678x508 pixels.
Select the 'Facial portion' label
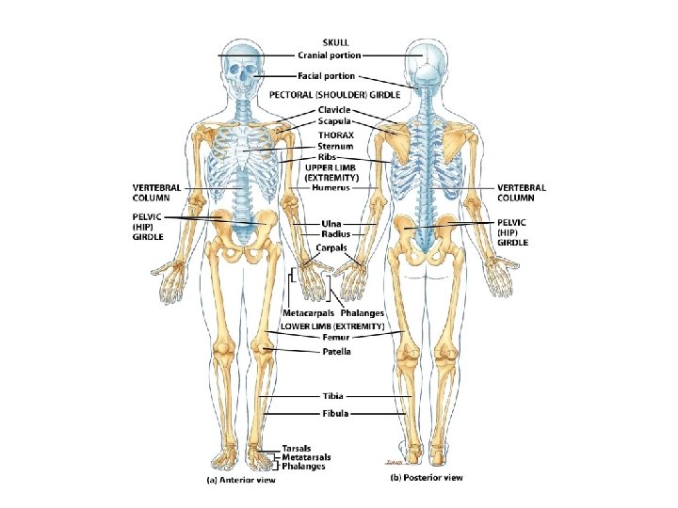pos(327,76)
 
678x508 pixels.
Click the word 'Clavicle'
pos(334,110)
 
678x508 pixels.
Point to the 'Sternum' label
pos(335,147)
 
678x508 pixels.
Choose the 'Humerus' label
pos(331,187)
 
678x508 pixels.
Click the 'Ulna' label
pos(318,224)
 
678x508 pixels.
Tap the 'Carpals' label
pos(331,247)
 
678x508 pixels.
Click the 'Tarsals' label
pos(298,448)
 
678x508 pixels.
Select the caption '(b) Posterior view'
pos(427,477)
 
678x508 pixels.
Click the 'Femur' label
pos(335,337)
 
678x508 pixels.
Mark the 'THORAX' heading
pos(335,135)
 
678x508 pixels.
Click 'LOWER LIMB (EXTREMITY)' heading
pos(333,325)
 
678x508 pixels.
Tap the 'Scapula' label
pos(334,121)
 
